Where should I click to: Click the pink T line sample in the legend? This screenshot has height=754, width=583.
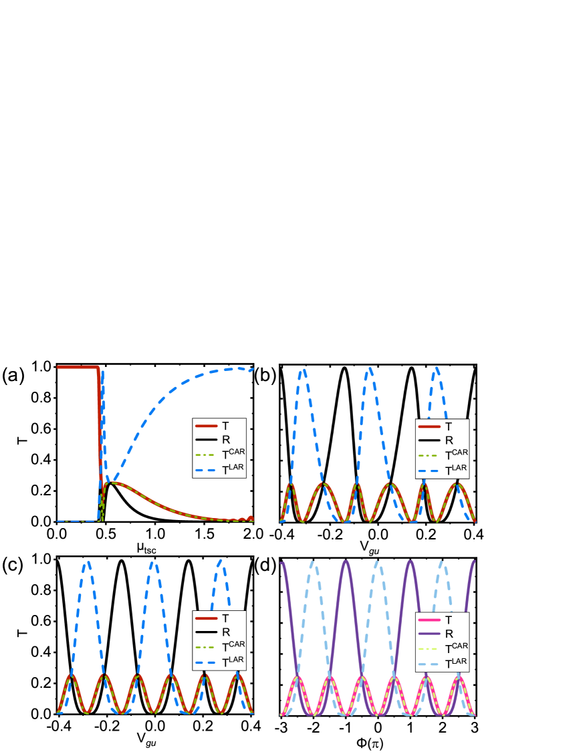click(x=429, y=620)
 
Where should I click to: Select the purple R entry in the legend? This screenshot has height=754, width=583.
click(x=429, y=633)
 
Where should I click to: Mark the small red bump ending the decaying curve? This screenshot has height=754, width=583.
click(x=251, y=518)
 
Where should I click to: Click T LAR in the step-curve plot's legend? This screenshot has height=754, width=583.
click(x=219, y=471)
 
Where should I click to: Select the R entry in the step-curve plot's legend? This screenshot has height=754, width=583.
click(x=219, y=440)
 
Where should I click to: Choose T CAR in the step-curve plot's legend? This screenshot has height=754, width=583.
click(x=219, y=455)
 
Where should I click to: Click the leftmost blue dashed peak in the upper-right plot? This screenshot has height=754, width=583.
click(x=303, y=370)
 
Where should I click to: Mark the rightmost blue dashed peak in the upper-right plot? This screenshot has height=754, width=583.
click(x=436, y=368)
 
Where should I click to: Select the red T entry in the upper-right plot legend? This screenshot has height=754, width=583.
click(x=442, y=426)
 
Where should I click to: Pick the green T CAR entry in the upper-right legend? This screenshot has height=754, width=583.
click(x=442, y=455)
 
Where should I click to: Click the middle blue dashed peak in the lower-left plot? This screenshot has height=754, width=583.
click(x=153, y=563)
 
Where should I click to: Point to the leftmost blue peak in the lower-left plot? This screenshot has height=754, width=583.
click(x=88, y=563)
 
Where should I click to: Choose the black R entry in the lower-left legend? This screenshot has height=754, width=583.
click(x=219, y=632)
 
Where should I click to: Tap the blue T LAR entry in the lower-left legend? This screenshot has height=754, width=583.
click(x=219, y=662)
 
